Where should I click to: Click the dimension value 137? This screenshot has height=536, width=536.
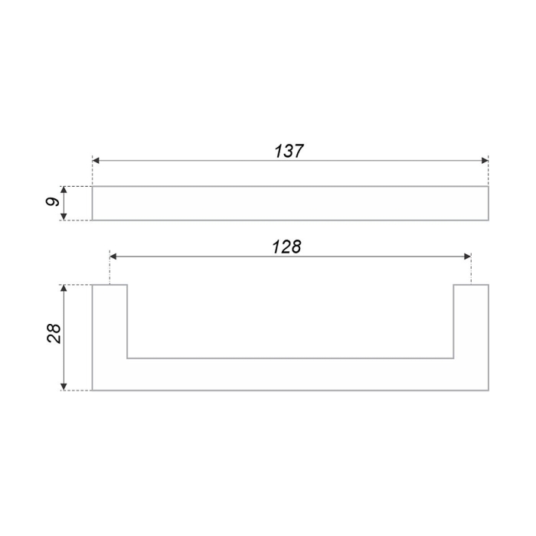tap(289, 151)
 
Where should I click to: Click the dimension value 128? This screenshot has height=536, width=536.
tap(287, 247)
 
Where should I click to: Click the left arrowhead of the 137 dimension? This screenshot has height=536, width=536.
tap(96, 161)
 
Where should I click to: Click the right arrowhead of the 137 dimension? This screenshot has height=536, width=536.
tap(484, 161)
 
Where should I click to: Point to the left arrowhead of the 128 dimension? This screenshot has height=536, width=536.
tap(114, 257)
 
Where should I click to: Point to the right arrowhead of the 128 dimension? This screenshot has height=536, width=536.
tap(466, 257)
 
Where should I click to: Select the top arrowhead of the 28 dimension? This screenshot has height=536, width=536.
tap(64, 289)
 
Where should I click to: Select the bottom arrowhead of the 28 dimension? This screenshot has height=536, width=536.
tap(64, 386)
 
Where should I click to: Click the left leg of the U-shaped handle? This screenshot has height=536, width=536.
tap(109, 322)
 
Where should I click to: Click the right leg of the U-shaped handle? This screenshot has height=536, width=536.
tap(471, 322)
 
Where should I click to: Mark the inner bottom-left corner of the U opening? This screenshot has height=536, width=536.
tap(126, 358)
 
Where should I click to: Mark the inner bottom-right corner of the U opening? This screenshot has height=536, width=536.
tap(453, 358)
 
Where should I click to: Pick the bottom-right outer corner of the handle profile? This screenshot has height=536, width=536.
tap(488, 391)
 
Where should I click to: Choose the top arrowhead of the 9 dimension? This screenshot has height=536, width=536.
tap(64, 191)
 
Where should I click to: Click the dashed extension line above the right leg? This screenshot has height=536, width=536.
tap(471, 270)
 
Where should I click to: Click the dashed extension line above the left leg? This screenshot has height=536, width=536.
tap(110, 270)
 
